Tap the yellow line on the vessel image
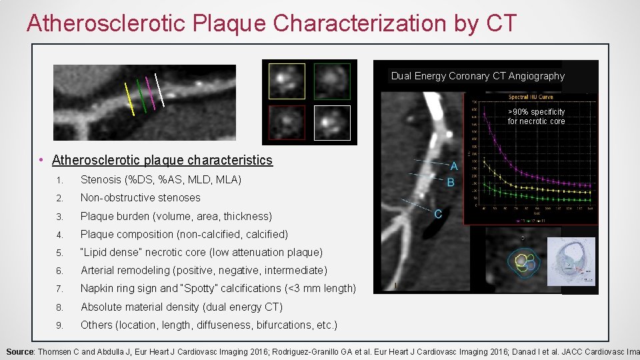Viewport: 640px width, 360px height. pyautogui.click(x=129, y=99)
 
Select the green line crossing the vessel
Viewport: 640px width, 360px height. pyautogui.click(x=141, y=96)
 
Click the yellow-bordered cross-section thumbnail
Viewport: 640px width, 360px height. pyautogui.click(x=287, y=81)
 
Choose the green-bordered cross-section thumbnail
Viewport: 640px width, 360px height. pyautogui.click(x=331, y=81)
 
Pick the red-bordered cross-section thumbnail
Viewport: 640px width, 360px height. pyautogui.click(x=287, y=122)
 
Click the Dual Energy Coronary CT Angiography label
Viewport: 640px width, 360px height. pyautogui.click(x=477, y=76)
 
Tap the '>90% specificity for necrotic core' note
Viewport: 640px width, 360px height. pyautogui.click(x=536, y=117)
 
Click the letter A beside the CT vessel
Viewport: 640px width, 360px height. pyautogui.click(x=454, y=166)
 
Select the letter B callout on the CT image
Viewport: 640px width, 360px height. pyautogui.click(x=451, y=182)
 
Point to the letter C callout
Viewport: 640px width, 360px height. pyautogui.click(x=438, y=214)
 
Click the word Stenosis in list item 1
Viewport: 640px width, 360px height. pyautogui.click(x=101, y=179)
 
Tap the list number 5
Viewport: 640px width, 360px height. pyautogui.click(x=59, y=253)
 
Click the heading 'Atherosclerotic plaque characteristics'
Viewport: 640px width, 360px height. pyautogui.click(x=162, y=160)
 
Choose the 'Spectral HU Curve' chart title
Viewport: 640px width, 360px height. pyautogui.click(x=529, y=97)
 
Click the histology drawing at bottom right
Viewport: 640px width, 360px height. pyautogui.click(x=571, y=265)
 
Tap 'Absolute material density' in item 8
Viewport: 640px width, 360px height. pyautogui.click(x=140, y=307)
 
